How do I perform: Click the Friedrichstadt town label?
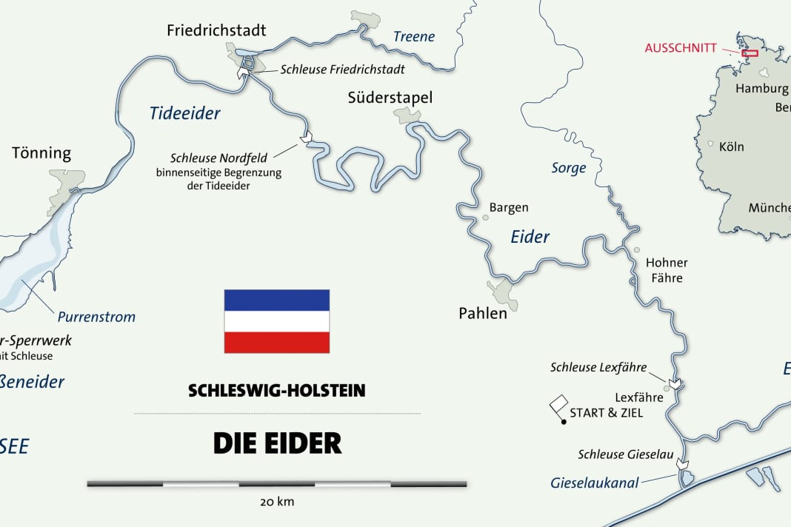coord(216,30)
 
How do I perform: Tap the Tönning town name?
coord(41,153)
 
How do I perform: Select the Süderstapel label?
coord(390,98)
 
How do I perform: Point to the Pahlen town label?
coord(483,313)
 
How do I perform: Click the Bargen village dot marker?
coord(486,218)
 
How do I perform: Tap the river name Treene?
coord(414,36)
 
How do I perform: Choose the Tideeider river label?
coord(185,113)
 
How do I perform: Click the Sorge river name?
coord(569,168)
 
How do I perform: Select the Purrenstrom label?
coord(96,317)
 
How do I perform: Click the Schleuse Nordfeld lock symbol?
coord(306,137)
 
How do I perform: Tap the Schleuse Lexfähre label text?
coord(598,367)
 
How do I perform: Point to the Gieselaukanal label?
coord(594,483)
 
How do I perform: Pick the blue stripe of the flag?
coord(277,300)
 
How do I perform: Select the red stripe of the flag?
coord(277,342)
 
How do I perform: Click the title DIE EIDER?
coord(277,443)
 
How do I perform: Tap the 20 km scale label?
coord(277,502)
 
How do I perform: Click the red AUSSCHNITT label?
coord(681,48)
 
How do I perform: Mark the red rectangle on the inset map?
coord(750,53)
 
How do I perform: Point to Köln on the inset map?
coord(731,147)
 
